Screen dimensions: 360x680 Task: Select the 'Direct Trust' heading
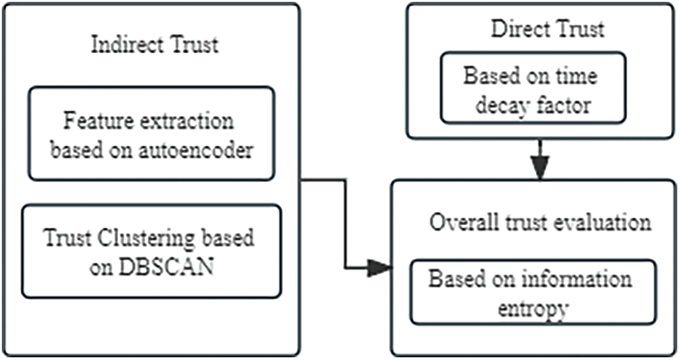[547, 29]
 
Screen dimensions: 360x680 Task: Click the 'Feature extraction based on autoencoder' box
[150, 134]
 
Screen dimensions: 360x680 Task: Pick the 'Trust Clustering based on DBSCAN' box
[151, 252]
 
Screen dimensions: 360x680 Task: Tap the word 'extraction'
[170, 120]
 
